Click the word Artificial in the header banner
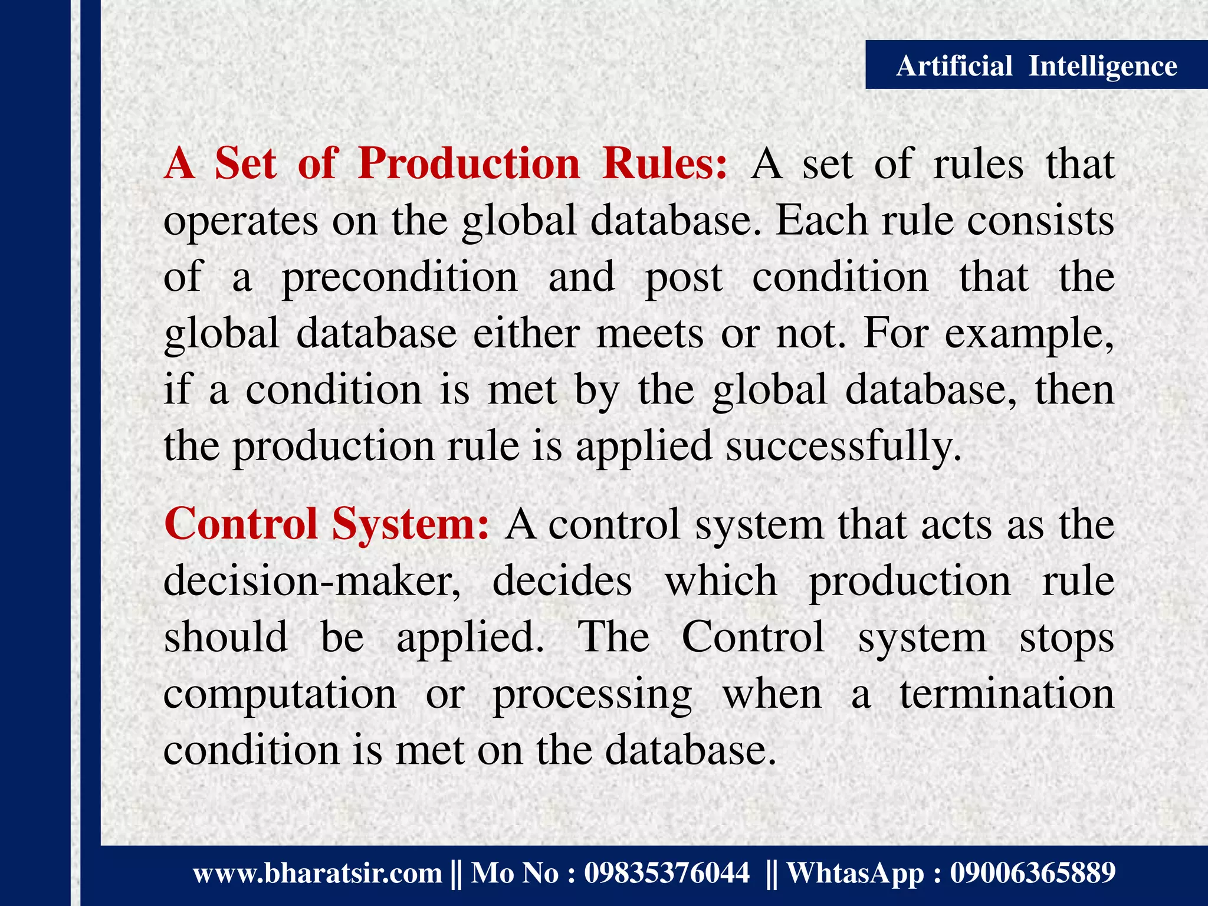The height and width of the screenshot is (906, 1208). (954, 65)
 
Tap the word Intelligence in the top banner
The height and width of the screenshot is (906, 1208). (1102, 65)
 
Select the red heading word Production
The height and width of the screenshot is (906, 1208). (469, 163)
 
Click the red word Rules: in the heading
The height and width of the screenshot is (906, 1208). (665, 163)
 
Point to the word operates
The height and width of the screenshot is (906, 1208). (241, 221)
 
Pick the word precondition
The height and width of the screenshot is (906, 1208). (399, 277)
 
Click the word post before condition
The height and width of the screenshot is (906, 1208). (684, 277)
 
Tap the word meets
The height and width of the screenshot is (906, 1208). (650, 333)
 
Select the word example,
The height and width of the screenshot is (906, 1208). (1029, 333)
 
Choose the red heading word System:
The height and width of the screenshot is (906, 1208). (411, 524)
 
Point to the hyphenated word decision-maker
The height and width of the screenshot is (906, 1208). (311, 580)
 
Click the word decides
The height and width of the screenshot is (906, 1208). (562, 580)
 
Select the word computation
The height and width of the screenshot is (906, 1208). (280, 694)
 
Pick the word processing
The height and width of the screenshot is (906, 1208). (592, 694)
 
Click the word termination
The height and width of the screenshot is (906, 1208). (1007, 694)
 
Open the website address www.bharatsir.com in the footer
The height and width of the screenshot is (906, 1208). (318, 873)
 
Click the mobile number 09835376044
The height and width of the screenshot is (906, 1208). (667, 873)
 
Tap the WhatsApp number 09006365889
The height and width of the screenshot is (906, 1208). (1032, 873)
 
